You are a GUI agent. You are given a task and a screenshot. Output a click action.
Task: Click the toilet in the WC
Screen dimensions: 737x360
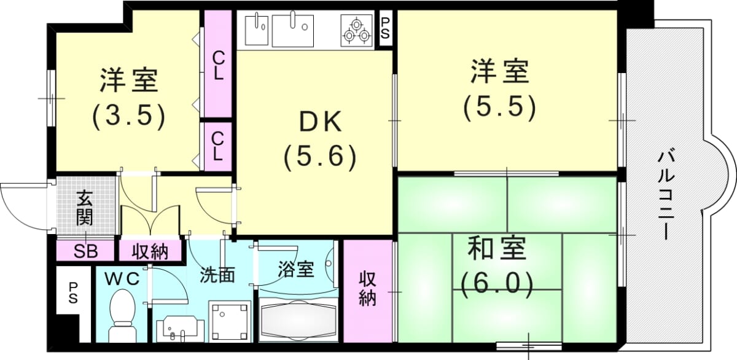tap(122, 316)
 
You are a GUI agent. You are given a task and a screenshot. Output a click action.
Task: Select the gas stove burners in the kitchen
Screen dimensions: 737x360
tap(357, 30)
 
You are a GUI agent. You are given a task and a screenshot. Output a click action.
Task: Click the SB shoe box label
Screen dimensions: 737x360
tap(85, 251)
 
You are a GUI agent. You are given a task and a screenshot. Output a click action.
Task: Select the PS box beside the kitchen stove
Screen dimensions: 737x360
tap(385, 29)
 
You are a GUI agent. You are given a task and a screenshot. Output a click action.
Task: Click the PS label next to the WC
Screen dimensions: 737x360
tap(73, 293)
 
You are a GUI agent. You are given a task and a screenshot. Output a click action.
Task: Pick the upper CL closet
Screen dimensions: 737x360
tap(218, 65)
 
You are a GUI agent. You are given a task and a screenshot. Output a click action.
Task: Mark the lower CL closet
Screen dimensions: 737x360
tap(218, 146)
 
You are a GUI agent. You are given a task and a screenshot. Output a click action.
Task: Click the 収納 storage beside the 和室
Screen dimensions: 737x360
tap(368, 291)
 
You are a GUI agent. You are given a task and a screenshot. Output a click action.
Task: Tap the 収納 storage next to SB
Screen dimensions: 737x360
tap(150, 251)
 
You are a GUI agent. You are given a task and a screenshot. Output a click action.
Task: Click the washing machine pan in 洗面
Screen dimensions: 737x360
tap(230, 321)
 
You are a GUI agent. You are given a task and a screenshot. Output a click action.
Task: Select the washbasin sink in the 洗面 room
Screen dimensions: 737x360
tap(177, 329)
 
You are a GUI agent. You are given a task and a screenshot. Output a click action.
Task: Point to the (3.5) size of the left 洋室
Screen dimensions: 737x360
tap(128, 117)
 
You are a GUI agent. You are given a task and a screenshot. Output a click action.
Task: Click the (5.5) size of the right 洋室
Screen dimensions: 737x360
tap(499, 107)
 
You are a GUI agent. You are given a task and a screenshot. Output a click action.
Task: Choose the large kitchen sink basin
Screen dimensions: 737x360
tap(293, 30)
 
